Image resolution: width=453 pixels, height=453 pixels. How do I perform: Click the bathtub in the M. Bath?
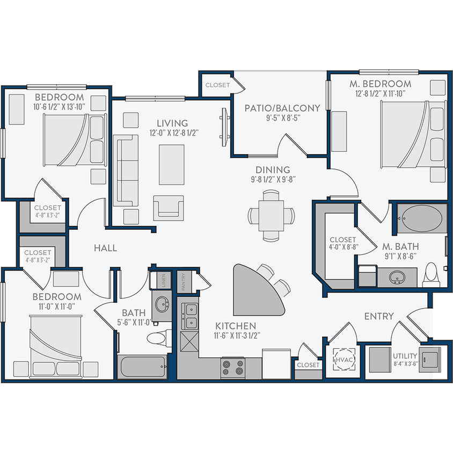[422, 218]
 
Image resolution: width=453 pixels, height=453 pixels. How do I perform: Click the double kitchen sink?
[191, 317]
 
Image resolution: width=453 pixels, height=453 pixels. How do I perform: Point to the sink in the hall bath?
[162, 306]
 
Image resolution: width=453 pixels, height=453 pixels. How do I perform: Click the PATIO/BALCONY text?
[282, 108]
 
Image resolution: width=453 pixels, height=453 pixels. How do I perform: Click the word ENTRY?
[379, 316]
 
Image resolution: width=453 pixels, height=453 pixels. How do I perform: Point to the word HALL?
[105, 247]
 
